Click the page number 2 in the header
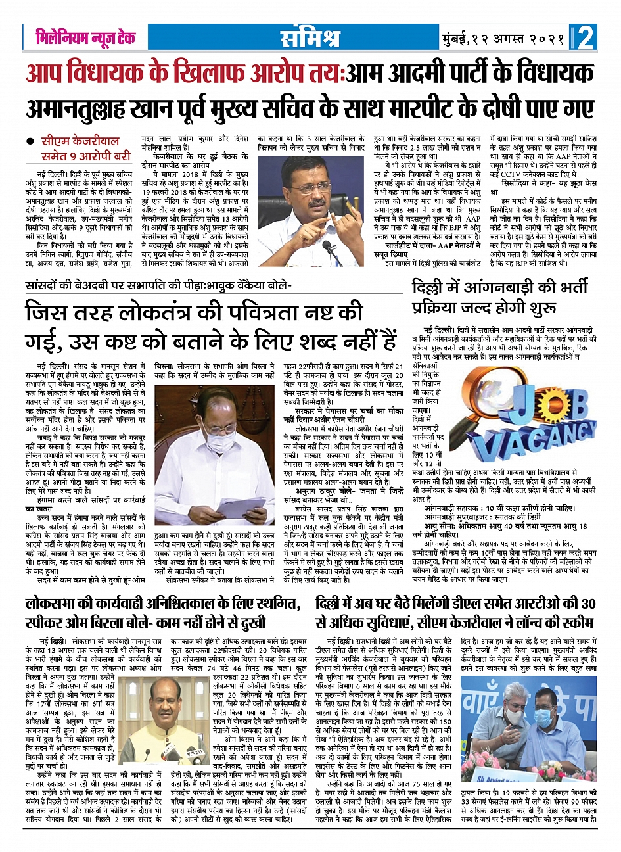(x=585, y=37)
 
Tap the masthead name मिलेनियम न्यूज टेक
(x=85, y=38)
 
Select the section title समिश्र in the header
(x=310, y=38)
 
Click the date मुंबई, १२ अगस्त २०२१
(x=503, y=38)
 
